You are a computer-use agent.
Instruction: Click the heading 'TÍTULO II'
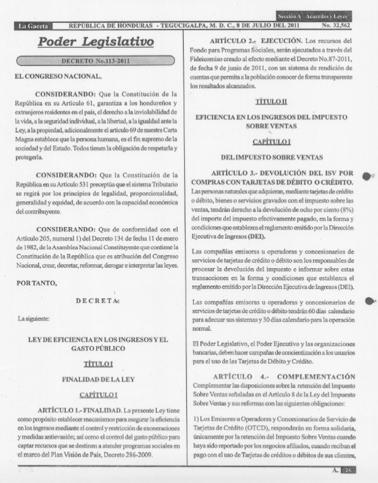pyautogui.click(x=276, y=100)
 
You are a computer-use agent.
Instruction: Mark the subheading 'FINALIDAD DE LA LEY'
pyautogui.click(x=96, y=379)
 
